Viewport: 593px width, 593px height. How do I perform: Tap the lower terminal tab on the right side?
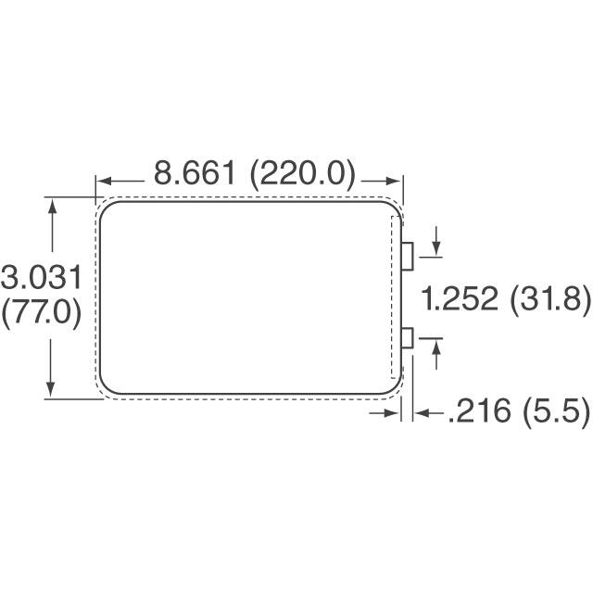coord(407,338)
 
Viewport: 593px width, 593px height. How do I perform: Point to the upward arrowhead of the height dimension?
coord(52,207)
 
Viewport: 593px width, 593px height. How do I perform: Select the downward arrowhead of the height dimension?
coord(52,390)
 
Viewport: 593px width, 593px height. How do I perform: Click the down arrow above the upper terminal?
coord(435,250)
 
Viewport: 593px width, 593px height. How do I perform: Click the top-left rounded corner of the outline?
coord(107,210)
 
